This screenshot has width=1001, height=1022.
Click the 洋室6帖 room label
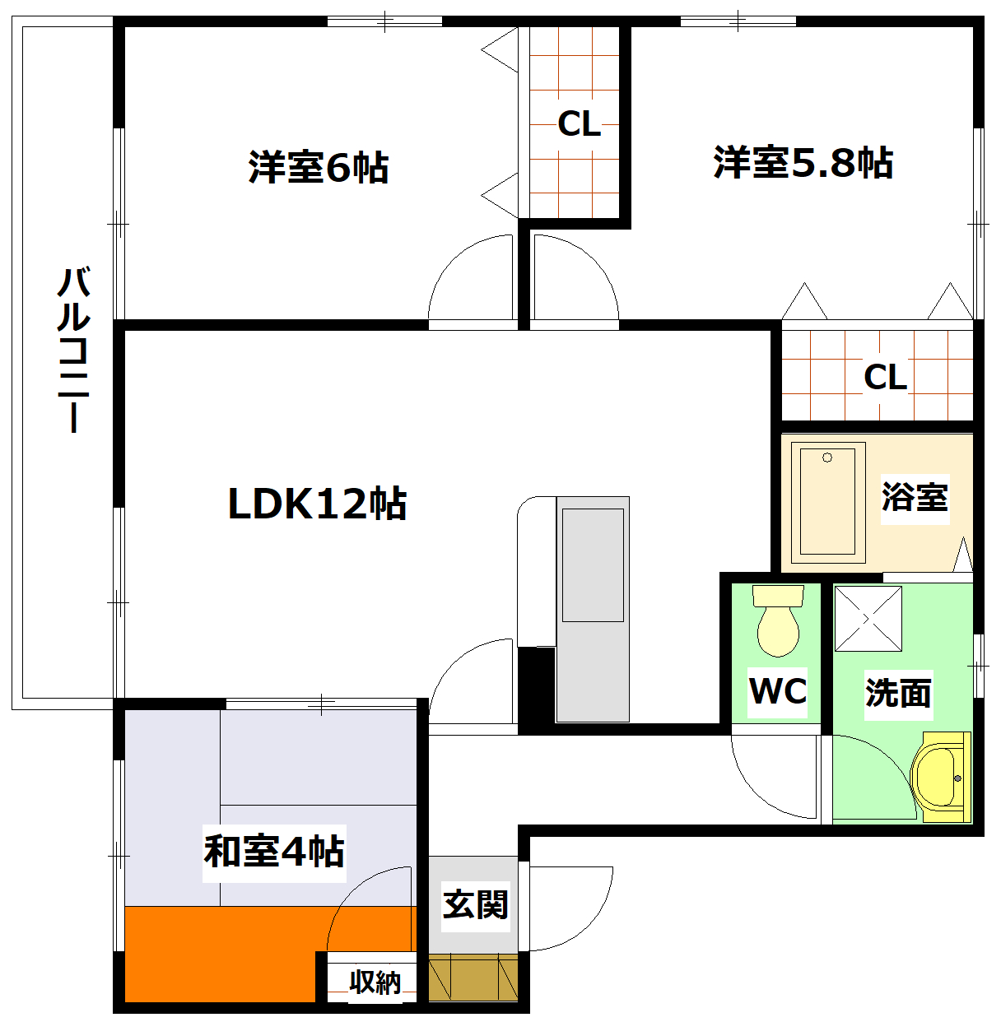(x=318, y=168)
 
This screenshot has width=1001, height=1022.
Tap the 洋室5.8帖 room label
(x=803, y=163)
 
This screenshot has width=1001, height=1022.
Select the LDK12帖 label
(x=317, y=504)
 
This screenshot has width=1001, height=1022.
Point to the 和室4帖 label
(x=274, y=852)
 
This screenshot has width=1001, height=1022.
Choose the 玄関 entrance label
(x=475, y=905)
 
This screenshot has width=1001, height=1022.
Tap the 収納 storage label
(x=375, y=982)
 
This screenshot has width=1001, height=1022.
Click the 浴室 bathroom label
(x=915, y=497)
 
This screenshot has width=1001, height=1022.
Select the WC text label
(x=777, y=691)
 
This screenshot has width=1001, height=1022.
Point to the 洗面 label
(x=898, y=694)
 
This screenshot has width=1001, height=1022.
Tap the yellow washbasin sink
(x=939, y=776)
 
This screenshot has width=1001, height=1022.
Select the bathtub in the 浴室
(x=828, y=502)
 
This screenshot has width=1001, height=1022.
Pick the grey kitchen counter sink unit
(x=592, y=609)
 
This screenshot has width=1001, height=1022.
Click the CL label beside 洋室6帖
(x=579, y=124)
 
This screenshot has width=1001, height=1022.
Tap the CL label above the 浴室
(x=885, y=377)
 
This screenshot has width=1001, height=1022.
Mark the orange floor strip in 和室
(x=222, y=953)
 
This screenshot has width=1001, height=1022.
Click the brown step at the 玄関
(x=473, y=977)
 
